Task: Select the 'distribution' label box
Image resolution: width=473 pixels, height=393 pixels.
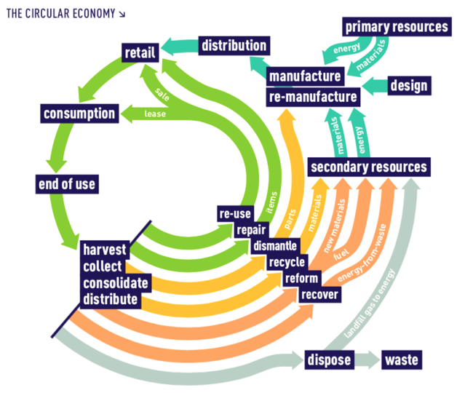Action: click(234, 45)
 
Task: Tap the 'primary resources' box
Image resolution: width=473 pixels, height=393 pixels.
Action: click(397, 28)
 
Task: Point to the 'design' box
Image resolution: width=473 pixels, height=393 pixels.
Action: click(409, 85)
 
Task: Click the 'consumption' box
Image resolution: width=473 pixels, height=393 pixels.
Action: click(79, 114)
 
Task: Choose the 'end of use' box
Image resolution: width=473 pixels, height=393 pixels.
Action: click(66, 183)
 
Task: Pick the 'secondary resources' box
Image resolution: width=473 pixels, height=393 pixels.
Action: click(369, 167)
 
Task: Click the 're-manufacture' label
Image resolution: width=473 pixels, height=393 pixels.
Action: click(313, 96)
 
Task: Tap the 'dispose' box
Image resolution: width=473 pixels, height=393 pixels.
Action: click(329, 360)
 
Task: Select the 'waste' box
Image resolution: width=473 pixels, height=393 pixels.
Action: click(402, 360)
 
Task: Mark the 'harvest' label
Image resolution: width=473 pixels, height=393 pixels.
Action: click(104, 249)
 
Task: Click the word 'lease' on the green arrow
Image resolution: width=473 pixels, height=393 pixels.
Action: click(155, 114)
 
